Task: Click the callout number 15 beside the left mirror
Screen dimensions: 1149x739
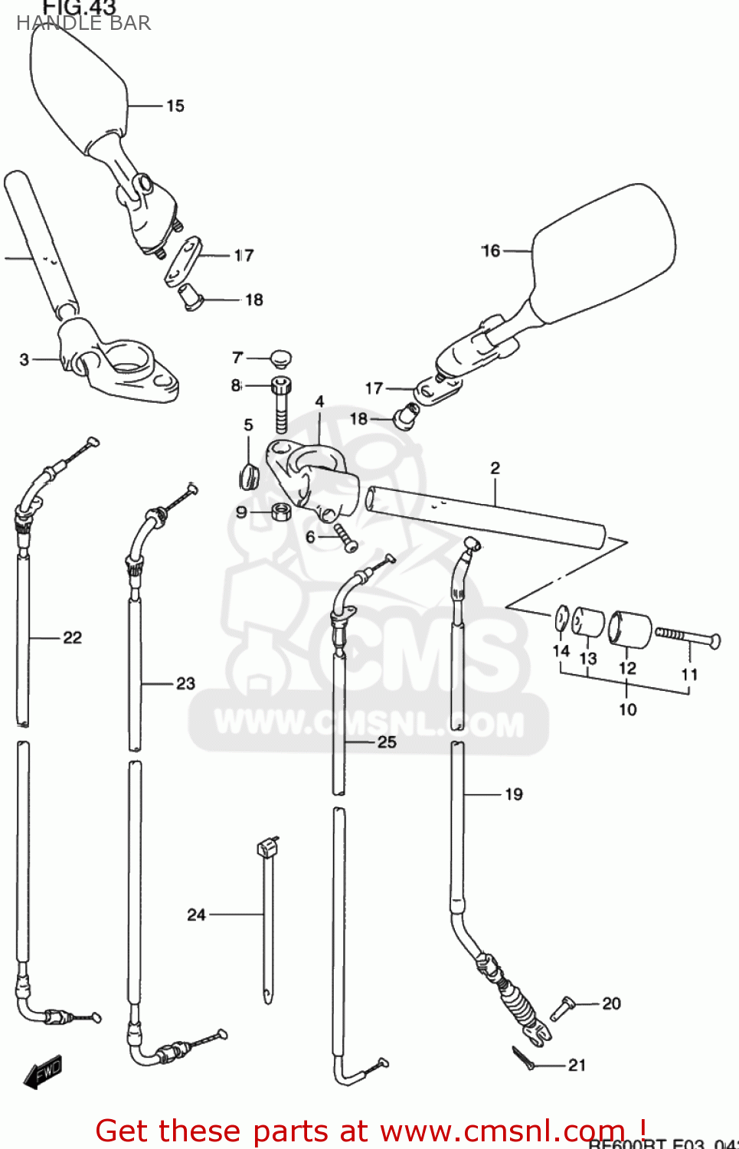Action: coord(175,106)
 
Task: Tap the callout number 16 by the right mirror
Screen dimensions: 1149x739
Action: coord(490,250)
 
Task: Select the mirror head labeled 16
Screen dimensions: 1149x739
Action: coord(605,253)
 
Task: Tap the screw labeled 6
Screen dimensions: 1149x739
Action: coord(344,537)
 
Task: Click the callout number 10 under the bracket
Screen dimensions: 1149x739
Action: coord(627,709)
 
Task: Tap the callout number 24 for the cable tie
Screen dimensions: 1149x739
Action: coord(196,914)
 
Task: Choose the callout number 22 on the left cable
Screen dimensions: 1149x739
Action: coord(72,637)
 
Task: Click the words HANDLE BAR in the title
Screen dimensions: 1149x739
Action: coord(83,23)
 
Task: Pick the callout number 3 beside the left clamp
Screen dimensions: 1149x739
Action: coord(24,359)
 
